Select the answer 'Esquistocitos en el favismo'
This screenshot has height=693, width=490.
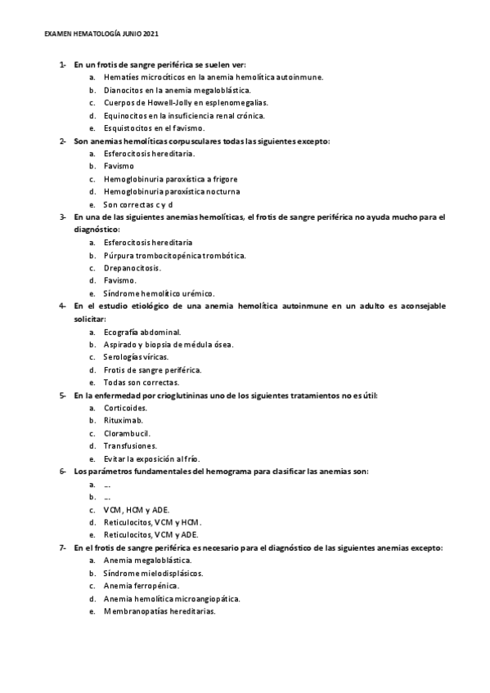tap(154, 128)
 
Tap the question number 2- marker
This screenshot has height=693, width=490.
tap(63, 141)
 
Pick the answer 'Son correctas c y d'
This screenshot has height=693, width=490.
tap(137, 204)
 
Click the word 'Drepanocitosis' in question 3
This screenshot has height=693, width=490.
tap(132, 267)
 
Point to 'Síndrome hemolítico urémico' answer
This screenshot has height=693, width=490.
tap(159, 293)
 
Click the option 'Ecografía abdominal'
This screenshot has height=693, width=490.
tap(142, 332)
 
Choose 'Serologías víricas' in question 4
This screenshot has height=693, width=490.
tap(137, 357)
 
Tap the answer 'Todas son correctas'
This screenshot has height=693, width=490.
tap(141, 382)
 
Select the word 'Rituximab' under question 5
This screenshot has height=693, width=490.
tap(123, 420)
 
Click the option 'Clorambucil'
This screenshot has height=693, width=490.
tap(127, 433)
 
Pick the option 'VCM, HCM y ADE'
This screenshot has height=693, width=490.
tap(137, 509)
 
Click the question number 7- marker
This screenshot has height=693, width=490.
tap(63, 548)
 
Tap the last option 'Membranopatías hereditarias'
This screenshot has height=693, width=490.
tap(159, 610)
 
